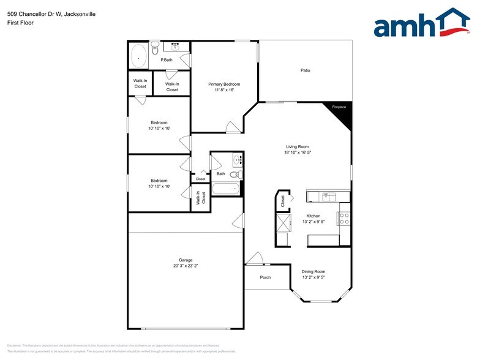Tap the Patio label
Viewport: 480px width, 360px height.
point(305,70)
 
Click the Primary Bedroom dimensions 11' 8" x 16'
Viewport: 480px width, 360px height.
point(224,90)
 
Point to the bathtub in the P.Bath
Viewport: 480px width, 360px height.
point(139,56)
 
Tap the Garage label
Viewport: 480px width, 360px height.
point(186,260)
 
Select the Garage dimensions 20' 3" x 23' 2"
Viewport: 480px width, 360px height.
point(186,266)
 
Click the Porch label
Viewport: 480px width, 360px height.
point(265,277)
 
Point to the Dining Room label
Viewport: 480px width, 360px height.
point(313,271)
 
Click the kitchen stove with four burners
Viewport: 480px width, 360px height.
point(344,219)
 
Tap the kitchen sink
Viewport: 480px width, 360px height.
point(328,197)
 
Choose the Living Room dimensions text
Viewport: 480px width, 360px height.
point(298,153)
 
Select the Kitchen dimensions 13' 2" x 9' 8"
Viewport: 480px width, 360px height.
point(313,222)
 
